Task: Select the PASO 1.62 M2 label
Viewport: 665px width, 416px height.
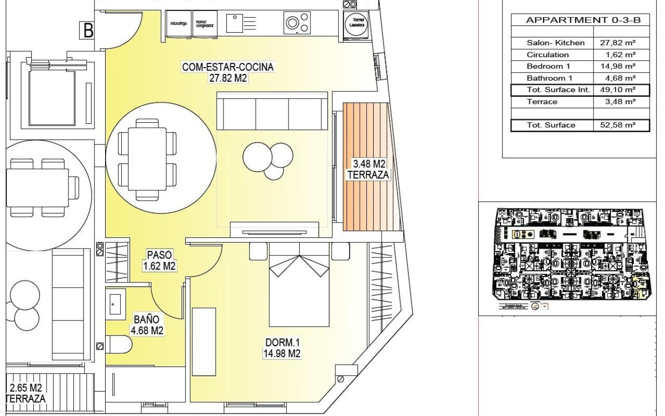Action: coord(159,260)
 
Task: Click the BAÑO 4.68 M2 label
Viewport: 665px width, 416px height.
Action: coord(146,325)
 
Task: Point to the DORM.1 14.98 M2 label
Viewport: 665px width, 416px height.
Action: coord(281,347)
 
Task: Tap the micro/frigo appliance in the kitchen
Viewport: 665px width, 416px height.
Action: coord(178,23)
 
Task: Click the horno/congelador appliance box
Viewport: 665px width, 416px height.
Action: coord(204,23)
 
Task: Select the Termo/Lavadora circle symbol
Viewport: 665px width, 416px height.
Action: coord(355,23)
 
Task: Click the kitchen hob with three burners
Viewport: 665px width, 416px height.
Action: coord(297,23)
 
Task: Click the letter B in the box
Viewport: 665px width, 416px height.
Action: coord(89,31)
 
